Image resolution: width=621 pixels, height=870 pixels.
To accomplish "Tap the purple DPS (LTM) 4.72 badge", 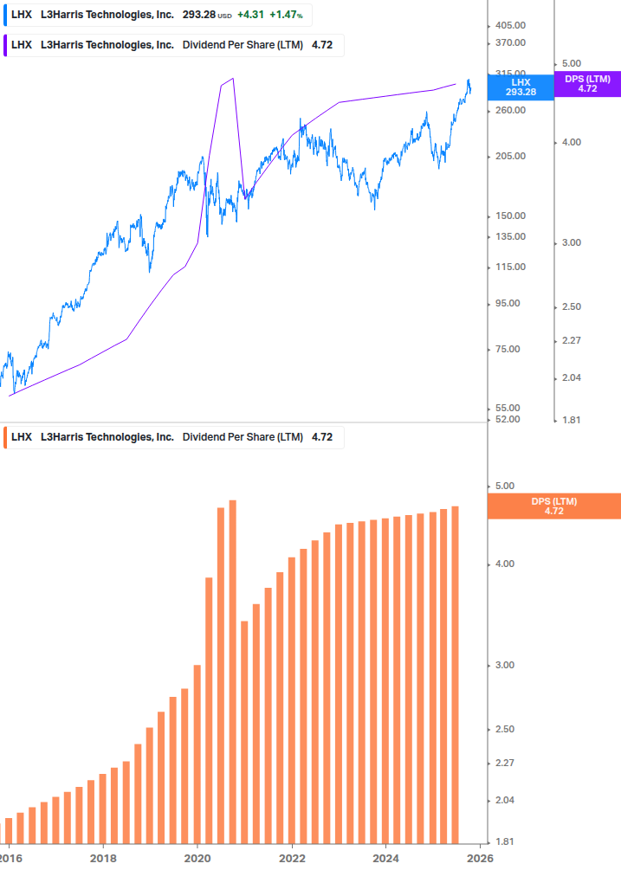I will coord(587,83).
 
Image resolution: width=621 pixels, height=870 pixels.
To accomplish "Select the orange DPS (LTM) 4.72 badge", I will coord(554,506).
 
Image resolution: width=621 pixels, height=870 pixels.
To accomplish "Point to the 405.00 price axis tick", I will coord(511,26).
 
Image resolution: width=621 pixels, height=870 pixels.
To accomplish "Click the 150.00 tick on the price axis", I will coord(511,216).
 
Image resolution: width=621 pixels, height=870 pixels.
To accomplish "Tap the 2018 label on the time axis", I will coord(103,858).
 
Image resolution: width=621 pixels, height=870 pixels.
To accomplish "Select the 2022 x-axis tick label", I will coord(293,858).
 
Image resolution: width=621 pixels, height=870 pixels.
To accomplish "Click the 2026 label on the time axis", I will coord(481,858).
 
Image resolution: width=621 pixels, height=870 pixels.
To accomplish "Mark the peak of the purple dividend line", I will coord(232,79).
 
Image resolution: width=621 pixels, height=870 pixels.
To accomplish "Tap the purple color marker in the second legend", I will coord(6,45).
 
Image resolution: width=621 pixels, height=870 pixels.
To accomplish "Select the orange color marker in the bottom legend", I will coord(6,437).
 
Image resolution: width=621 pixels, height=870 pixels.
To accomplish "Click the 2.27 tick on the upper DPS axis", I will coord(572,340).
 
